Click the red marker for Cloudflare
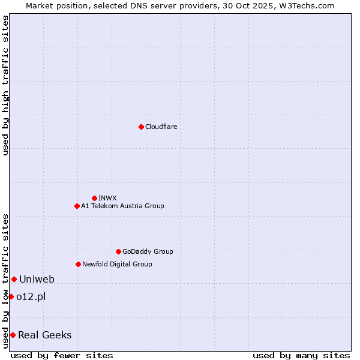point(141,127)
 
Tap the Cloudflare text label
point(161,127)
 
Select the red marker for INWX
point(94,198)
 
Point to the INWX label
point(107,198)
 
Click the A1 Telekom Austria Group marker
point(77,206)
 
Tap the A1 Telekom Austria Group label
point(122,206)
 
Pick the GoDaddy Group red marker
point(118,251)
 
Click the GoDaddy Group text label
point(148,251)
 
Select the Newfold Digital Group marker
point(78,264)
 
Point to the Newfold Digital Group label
point(117,264)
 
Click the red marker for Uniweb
point(14,279)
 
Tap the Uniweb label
point(37,279)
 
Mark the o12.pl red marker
point(11,296)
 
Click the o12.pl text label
point(31,296)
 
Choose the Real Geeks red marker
point(13,335)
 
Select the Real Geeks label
point(45,335)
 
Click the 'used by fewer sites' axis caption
point(62,355)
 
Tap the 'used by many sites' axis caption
point(301,355)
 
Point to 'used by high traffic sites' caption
point(5,85)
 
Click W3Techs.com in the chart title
point(304,5)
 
